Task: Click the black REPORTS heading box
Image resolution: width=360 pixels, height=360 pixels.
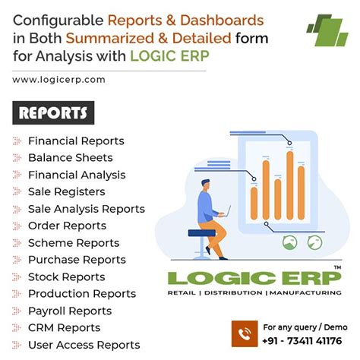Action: [x=52, y=113]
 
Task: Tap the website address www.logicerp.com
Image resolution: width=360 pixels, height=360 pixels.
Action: [x=58, y=79]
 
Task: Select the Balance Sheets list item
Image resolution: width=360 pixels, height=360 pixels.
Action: [x=70, y=158]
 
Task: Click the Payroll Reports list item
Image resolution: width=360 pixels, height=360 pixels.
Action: [x=70, y=311]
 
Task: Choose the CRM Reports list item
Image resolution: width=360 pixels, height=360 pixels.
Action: [x=64, y=327]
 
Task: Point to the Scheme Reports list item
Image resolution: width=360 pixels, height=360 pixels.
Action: [x=74, y=243]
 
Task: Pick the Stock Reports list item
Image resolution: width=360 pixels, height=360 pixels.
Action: [x=66, y=276]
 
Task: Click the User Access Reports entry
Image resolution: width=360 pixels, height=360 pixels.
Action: [x=84, y=345]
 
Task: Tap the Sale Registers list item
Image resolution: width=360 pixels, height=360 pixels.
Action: [x=66, y=191]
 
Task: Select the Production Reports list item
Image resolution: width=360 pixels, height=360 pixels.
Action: [x=82, y=294]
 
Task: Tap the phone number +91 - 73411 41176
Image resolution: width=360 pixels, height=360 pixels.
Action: [x=303, y=341]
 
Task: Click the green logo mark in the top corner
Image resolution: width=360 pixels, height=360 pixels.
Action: [x=327, y=30]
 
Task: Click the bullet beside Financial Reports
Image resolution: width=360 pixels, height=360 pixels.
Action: [x=17, y=141]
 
